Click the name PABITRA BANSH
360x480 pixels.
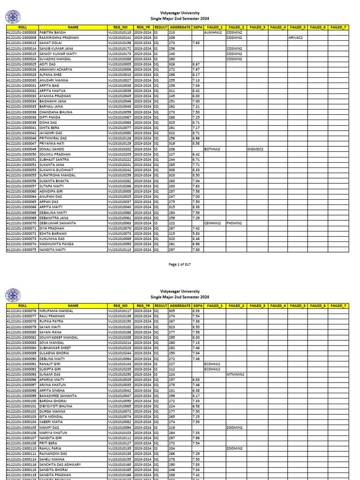[x=52, y=32]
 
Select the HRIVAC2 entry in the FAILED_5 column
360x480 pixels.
[x=296, y=37]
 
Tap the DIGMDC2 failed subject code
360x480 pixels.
[x=255, y=149]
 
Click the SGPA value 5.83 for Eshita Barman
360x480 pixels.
[x=196, y=233]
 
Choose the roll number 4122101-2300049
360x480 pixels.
[x=22, y=149]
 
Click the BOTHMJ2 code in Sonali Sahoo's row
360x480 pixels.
[x=212, y=149]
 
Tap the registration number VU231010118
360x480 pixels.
[x=120, y=32]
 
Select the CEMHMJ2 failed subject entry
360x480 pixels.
[x=212, y=223]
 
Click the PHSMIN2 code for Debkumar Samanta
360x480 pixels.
[x=234, y=223]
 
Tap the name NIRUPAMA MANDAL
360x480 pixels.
[x=56, y=311]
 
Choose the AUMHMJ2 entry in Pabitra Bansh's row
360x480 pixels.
[x=212, y=32]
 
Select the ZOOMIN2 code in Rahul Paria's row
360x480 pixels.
[x=234, y=449]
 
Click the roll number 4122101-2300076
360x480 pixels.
[x=22, y=311]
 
